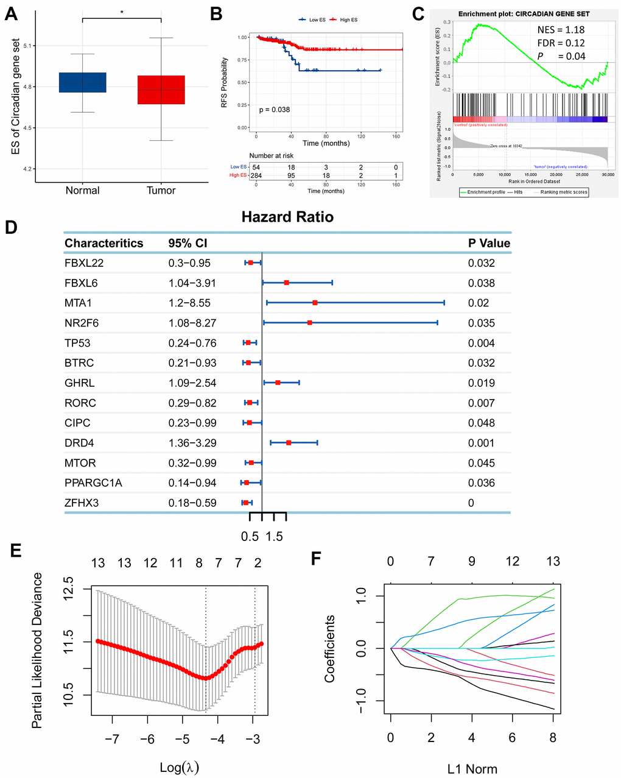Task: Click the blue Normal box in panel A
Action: tap(82, 82)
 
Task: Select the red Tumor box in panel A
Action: tap(161, 90)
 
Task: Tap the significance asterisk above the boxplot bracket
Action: tap(122, 12)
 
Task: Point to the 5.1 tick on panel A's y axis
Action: tap(29, 46)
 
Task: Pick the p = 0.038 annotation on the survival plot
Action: tap(274, 110)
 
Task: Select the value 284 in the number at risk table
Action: tap(256, 176)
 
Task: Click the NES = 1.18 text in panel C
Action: tap(561, 30)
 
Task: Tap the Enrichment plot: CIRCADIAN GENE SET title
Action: tap(524, 13)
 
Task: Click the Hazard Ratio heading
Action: tap(287, 217)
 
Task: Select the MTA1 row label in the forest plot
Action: tap(79, 303)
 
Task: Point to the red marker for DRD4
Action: tap(289, 443)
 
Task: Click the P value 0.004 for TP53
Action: tap(481, 343)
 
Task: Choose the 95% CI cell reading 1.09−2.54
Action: tap(192, 383)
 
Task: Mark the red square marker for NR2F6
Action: tap(310, 323)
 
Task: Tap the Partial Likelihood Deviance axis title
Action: tap(38, 650)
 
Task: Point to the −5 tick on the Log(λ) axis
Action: tap(182, 739)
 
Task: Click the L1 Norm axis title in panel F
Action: tap(472, 769)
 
